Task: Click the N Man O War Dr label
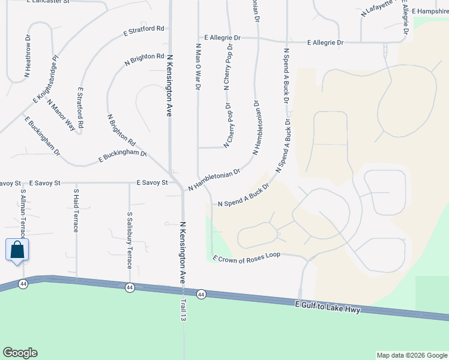tap(197, 67)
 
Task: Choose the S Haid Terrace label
tap(76, 211)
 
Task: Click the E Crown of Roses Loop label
tap(247, 257)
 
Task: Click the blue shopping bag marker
tap(17, 250)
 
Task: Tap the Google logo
tap(20, 353)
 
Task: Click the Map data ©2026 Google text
tap(411, 355)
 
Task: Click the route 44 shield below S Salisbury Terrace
tap(130, 288)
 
